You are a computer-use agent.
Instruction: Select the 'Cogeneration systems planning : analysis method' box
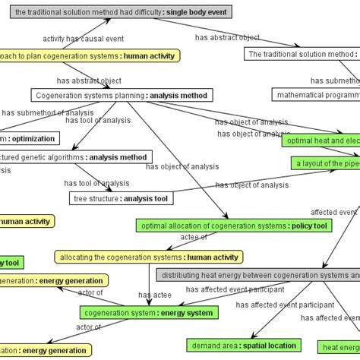[122, 95]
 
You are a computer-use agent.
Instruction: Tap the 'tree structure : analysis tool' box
[122, 199]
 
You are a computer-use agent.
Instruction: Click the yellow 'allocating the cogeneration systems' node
[149, 257]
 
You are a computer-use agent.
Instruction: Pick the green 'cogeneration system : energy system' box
[149, 312]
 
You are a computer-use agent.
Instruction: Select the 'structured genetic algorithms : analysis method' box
[76, 157]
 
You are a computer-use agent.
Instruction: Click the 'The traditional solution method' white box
[302, 54]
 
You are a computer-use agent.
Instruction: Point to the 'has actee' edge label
[155, 292]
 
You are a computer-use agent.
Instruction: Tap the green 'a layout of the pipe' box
[325, 163]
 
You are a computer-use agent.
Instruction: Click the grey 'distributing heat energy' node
[258, 274]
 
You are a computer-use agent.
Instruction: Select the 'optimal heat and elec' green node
[321, 141]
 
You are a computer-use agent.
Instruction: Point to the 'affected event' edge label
[333, 212]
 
